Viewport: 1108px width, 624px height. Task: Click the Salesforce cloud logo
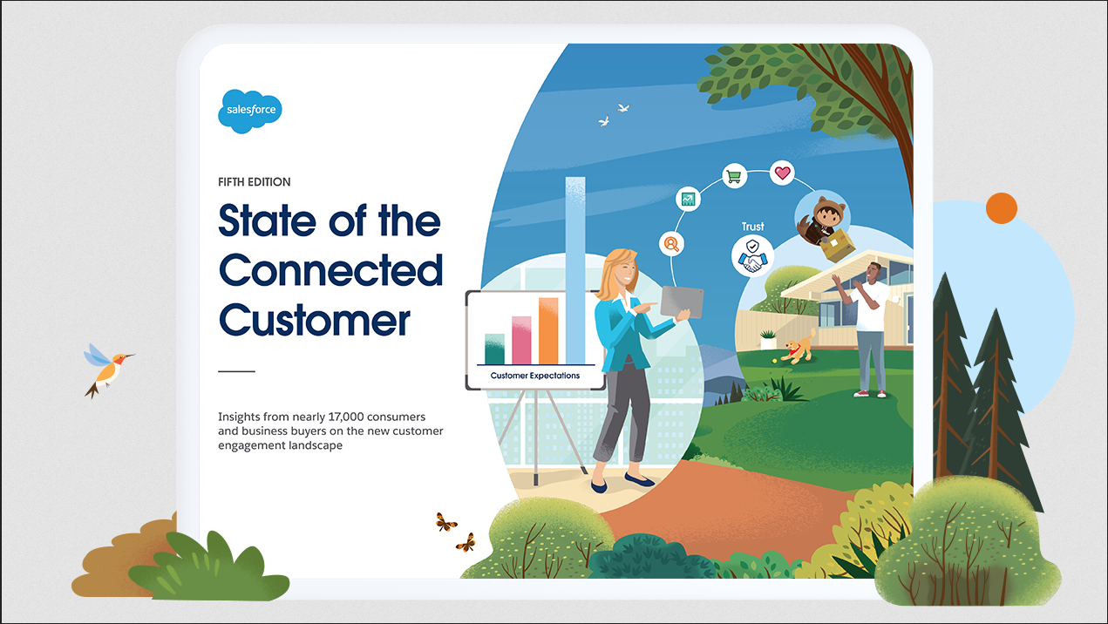pyautogui.click(x=250, y=112)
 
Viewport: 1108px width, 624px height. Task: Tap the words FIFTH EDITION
pyautogui.click(x=255, y=182)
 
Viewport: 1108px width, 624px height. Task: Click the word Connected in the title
pyautogui.click(x=330, y=270)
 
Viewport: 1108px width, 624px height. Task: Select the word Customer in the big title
pyautogui.click(x=315, y=320)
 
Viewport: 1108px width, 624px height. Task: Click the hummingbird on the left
pyautogui.click(x=107, y=370)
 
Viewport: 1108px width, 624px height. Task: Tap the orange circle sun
pyautogui.click(x=1001, y=208)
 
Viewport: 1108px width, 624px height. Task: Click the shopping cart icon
pyautogui.click(x=734, y=175)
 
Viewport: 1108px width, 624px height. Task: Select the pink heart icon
pyautogui.click(x=782, y=173)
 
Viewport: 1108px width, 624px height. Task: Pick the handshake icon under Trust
pyautogui.click(x=752, y=255)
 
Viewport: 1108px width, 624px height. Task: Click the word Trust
pyautogui.click(x=753, y=227)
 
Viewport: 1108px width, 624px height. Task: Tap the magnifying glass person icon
pyautogui.click(x=671, y=244)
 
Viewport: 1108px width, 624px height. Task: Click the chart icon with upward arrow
pyautogui.click(x=688, y=200)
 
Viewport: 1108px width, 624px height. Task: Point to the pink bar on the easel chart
pyautogui.click(x=521, y=340)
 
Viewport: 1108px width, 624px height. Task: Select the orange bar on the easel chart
pyautogui.click(x=548, y=330)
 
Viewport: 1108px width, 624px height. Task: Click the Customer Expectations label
pyautogui.click(x=535, y=376)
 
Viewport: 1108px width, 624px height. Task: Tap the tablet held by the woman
pyautogui.click(x=682, y=302)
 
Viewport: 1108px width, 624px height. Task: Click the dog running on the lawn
pyautogui.click(x=798, y=346)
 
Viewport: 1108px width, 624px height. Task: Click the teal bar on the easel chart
pyautogui.click(x=494, y=349)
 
